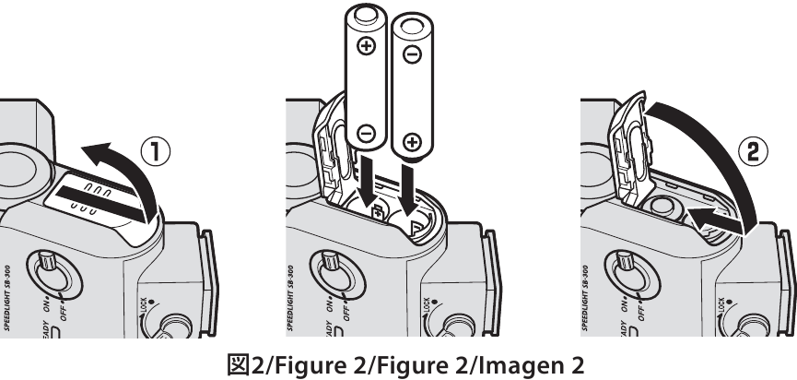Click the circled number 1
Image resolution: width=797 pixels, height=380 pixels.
pos(155,152)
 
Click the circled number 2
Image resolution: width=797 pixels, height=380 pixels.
pos(751,151)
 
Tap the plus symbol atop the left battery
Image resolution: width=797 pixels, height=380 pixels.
pos(366,46)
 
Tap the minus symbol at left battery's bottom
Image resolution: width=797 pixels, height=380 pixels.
pos(366,134)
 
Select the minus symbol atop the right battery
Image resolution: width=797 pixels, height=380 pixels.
pos(412,54)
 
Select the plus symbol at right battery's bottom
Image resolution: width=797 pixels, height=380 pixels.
pos(412,141)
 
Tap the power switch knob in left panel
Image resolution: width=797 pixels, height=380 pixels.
pos(48,261)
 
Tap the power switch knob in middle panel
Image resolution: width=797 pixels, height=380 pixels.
pos(331,261)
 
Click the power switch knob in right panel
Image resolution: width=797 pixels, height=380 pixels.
pos(626,261)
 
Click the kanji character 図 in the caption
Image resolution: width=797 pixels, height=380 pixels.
pos(239,364)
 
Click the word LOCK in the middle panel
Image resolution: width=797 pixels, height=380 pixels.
pos(426,304)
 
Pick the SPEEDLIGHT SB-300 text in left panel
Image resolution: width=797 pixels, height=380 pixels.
pos(7,297)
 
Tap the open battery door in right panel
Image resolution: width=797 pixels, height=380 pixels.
pos(630,150)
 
